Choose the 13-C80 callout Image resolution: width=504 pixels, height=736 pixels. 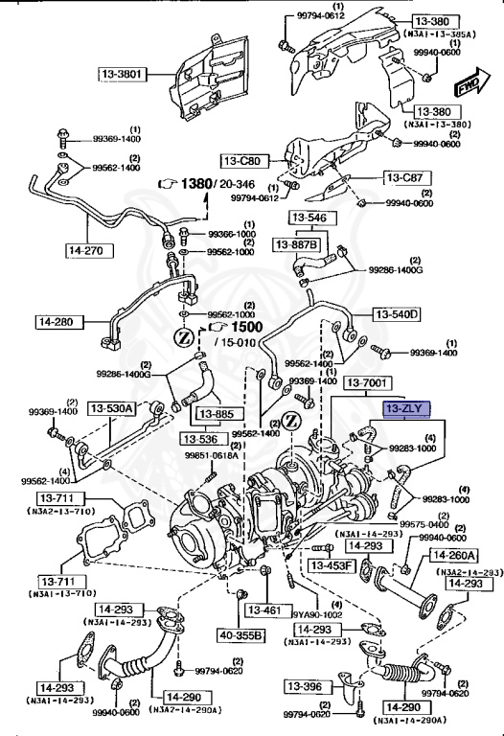(243, 160)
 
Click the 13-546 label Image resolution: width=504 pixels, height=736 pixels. (309, 218)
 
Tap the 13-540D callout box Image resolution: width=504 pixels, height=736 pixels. (398, 313)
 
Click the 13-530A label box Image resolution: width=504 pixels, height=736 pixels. (112, 409)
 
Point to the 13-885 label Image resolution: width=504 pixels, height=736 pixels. (216, 416)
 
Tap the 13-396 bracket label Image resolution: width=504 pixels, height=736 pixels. (310, 687)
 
